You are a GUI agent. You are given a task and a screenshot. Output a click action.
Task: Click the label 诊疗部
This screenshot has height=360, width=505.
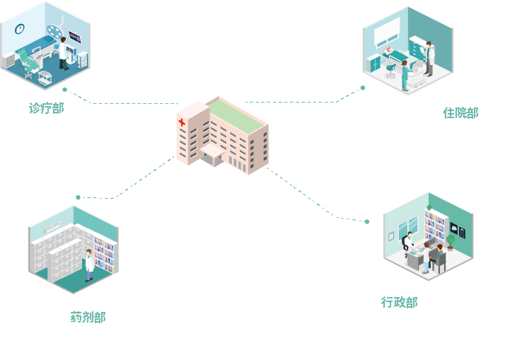pos(46,108)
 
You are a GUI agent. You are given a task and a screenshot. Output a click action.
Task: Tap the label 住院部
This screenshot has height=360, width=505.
pos(460,113)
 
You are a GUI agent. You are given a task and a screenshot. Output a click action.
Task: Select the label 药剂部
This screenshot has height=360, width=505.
pos(88,318)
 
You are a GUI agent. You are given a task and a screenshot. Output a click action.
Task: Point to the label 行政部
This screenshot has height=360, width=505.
pos(399,302)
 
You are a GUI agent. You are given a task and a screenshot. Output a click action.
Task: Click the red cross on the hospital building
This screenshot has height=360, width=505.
pos(182,123)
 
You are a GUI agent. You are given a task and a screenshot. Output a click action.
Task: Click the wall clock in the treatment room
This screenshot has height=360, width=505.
pos(20,29)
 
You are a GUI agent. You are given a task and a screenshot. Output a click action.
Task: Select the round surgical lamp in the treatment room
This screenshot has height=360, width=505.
pos(54,30)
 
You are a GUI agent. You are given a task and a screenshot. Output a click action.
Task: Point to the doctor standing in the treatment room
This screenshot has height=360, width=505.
pos(64,54)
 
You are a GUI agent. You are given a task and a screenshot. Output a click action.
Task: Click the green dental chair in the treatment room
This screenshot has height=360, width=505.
pos(30,63)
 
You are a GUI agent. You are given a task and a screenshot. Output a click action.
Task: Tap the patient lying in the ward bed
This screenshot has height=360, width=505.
pos(393,52)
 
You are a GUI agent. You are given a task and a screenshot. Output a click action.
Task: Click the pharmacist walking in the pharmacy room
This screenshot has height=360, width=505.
pos(88,264)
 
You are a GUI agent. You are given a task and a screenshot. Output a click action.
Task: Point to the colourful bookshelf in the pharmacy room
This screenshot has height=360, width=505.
pos(104,255)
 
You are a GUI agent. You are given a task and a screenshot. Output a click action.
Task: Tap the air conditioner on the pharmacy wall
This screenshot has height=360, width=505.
pos(52,227)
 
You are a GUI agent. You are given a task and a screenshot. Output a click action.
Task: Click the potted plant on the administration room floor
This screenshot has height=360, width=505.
pos(450,243)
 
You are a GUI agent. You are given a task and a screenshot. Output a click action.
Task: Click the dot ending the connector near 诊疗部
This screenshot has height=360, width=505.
pos(64,90)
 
